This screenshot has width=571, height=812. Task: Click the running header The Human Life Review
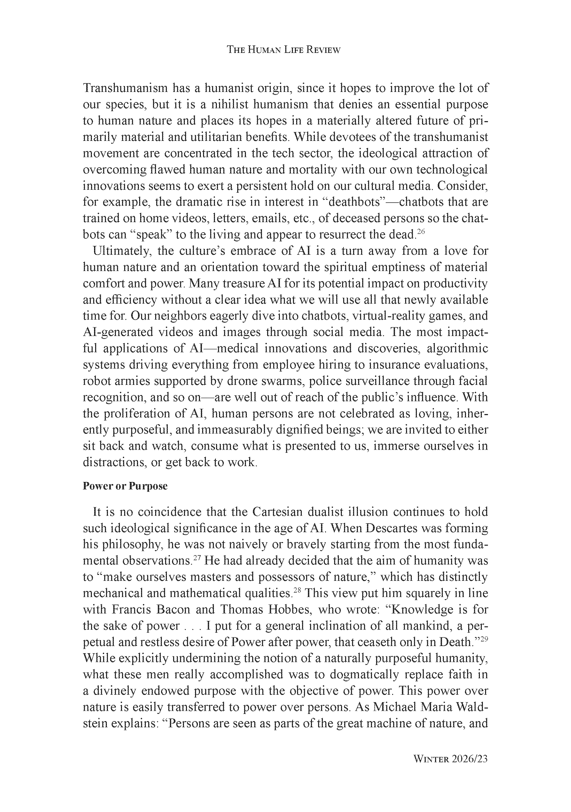coord(283,50)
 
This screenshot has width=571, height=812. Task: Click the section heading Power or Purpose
coord(125,486)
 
